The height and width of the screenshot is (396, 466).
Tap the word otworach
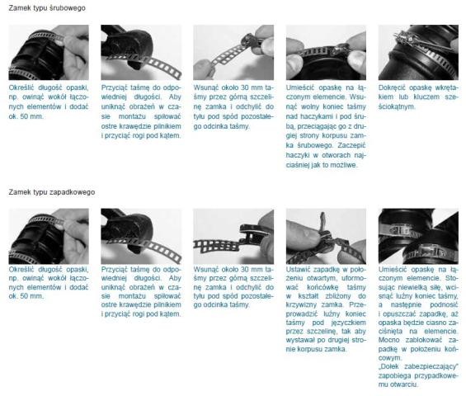coord(337,155)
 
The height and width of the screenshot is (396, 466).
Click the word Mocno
coord(389,340)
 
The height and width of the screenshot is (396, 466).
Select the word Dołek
coord(388,366)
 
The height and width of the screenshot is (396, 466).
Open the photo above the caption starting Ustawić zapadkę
coord(326,236)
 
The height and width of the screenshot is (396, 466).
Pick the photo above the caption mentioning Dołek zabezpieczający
coord(418,236)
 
